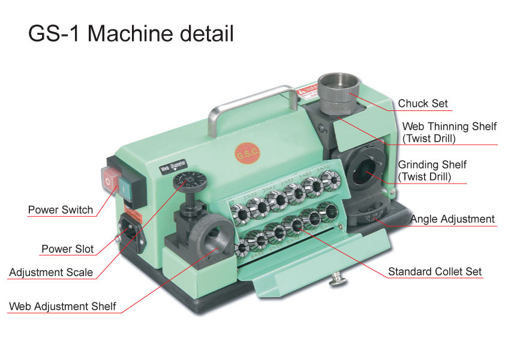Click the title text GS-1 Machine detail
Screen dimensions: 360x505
(131, 34)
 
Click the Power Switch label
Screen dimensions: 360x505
(61, 210)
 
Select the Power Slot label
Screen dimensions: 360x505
(67, 248)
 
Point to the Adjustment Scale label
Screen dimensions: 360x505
(51, 272)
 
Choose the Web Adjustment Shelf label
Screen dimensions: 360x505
(62, 306)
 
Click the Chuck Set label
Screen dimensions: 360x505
(422, 103)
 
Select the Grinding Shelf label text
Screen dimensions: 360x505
(432, 170)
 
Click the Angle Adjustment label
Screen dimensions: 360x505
(452, 219)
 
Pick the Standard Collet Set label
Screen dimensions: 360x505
(435, 272)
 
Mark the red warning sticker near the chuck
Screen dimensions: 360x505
(308, 92)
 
